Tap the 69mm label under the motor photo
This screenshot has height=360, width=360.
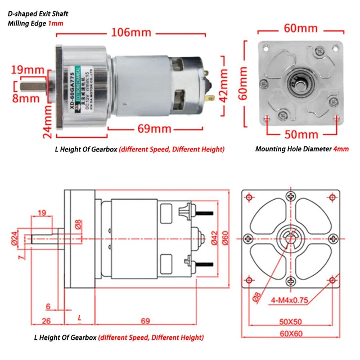pyautogui.click(x=154, y=129)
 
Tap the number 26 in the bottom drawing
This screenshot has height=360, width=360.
pyautogui.click(x=47, y=321)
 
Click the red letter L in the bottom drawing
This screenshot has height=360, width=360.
pyautogui.click(x=79, y=318)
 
